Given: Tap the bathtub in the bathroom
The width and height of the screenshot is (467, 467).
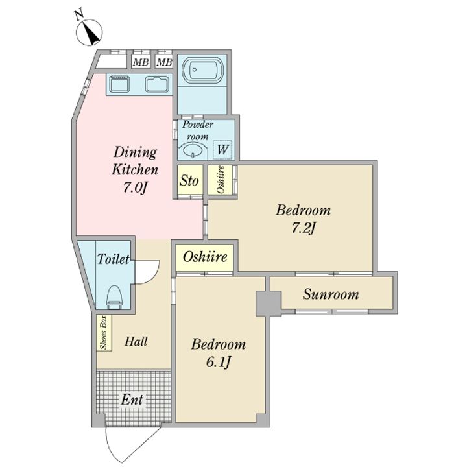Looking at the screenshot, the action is click(202, 70).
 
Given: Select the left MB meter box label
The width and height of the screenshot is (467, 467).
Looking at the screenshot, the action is click(141, 62).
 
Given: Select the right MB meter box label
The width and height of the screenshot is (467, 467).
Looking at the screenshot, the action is click(164, 62).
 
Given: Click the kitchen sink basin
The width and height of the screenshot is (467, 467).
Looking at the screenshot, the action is click(157, 84).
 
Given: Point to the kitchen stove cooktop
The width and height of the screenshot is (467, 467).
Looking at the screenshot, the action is click(119, 84).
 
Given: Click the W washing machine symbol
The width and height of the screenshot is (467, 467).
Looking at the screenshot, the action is click(222, 149).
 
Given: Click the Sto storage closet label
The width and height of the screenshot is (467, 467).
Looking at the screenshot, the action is click(189, 180).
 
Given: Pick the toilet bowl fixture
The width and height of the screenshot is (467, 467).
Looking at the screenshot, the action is click(115, 296).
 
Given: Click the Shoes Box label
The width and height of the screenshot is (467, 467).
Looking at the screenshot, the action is click(104, 332).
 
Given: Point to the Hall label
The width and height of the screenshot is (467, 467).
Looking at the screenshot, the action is click(136, 341).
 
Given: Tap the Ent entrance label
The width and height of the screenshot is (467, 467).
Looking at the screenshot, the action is click(132, 400).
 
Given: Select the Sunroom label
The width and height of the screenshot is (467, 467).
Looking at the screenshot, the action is click(331, 294).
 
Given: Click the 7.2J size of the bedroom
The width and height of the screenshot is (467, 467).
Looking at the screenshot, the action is click(303, 229).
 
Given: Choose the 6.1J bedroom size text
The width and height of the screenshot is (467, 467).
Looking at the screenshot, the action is click(219, 363).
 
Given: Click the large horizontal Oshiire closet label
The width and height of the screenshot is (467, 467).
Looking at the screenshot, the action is click(205, 257).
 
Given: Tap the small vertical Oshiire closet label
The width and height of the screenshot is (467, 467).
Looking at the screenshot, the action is click(221, 180).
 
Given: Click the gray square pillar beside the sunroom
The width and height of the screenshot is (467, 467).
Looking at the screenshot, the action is click(269, 303).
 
